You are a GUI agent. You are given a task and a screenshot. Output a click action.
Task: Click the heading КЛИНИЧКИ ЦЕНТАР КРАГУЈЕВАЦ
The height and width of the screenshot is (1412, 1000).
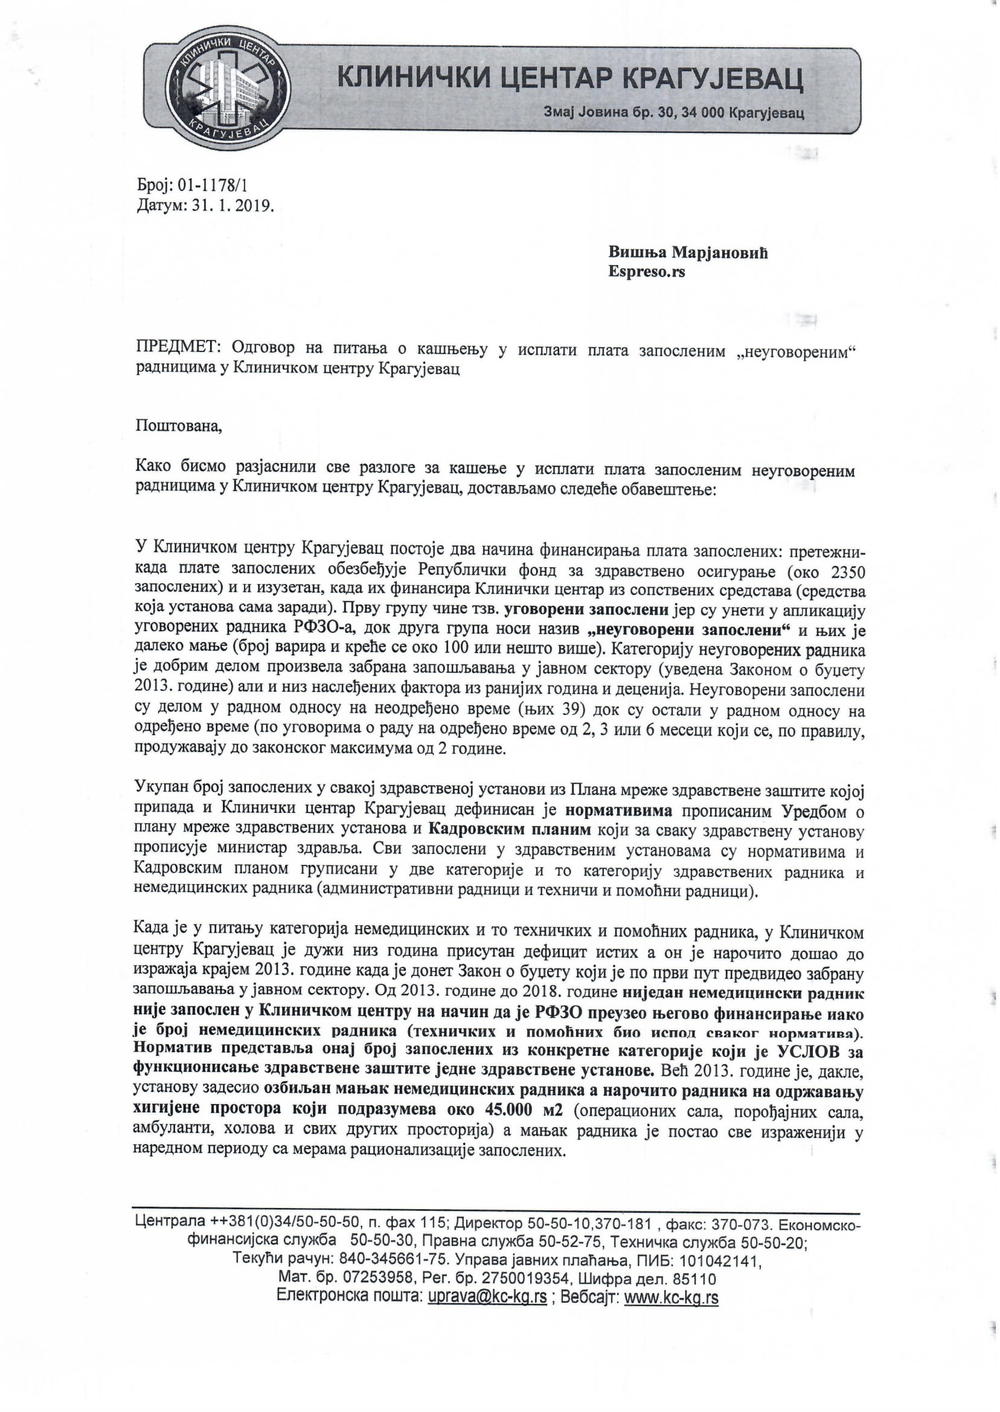pyautogui.click(x=570, y=78)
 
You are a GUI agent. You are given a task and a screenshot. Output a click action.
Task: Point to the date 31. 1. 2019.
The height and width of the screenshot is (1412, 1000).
pyautogui.click(x=229, y=207)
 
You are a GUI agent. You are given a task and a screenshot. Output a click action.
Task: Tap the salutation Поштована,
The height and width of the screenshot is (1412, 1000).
pyautogui.click(x=179, y=426)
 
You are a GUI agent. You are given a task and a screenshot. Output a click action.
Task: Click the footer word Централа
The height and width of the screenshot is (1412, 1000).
pyautogui.click(x=171, y=1224)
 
